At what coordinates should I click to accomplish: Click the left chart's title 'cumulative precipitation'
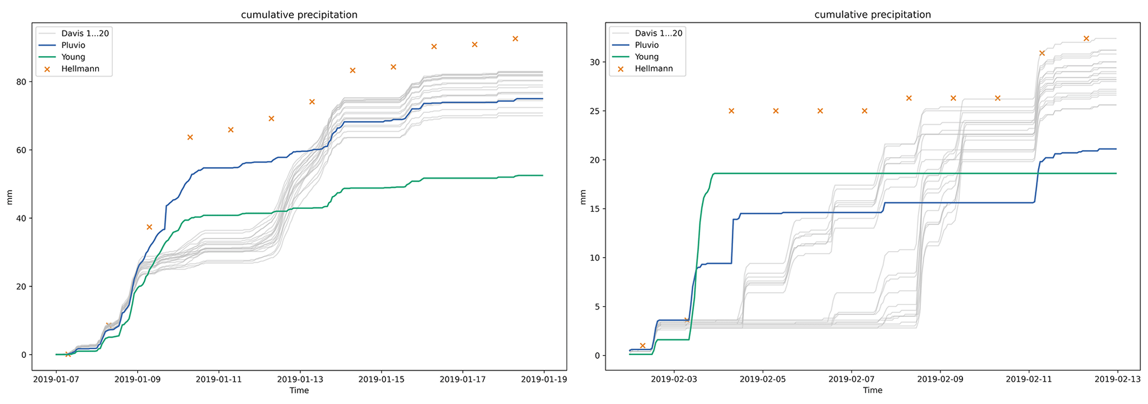[299, 15]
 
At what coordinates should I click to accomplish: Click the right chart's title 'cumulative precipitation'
[873, 15]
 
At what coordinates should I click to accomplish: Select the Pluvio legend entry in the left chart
[73, 45]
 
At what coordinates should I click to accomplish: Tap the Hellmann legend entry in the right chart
[654, 69]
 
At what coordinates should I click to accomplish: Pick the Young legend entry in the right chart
[646, 57]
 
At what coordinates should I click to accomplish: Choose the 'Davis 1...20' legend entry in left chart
[84, 33]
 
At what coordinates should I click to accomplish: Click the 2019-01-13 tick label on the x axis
[300, 380]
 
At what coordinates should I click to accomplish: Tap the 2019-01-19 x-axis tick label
[544, 380]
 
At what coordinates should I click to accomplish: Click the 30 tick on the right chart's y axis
[595, 62]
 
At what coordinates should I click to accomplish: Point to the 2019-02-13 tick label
[1117, 380]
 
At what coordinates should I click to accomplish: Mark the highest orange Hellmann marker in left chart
[515, 39]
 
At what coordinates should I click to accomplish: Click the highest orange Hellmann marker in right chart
[1086, 39]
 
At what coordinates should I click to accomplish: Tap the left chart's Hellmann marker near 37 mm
[149, 227]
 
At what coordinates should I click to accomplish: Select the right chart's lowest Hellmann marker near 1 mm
[643, 346]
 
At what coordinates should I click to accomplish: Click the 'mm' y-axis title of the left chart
[9, 197]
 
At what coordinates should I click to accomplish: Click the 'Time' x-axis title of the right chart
[873, 391]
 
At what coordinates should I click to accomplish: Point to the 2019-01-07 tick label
[56, 380]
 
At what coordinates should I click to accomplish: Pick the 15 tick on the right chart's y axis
[595, 209]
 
